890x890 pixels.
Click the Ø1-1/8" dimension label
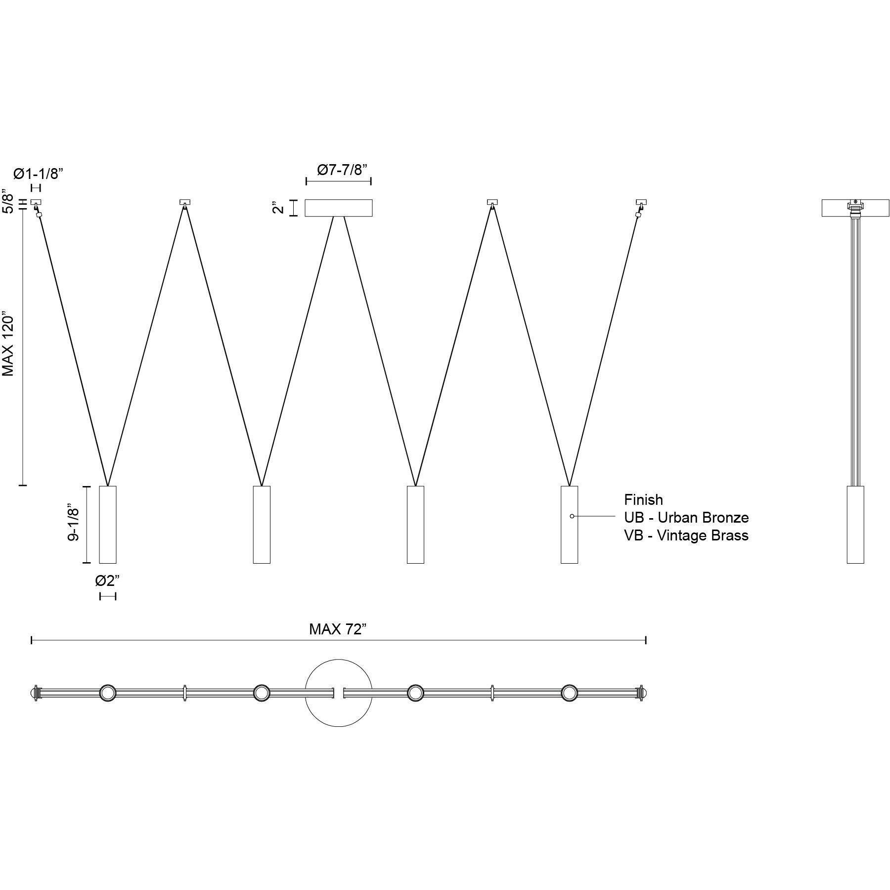click(x=39, y=174)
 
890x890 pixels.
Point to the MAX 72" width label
click(x=338, y=629)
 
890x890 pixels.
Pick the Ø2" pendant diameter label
click(x=107, y=580)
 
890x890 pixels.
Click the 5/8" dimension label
click(x=8, y=200)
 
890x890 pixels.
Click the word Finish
click(x=643, y=499)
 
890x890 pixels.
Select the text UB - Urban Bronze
click(x=686, y=518)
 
